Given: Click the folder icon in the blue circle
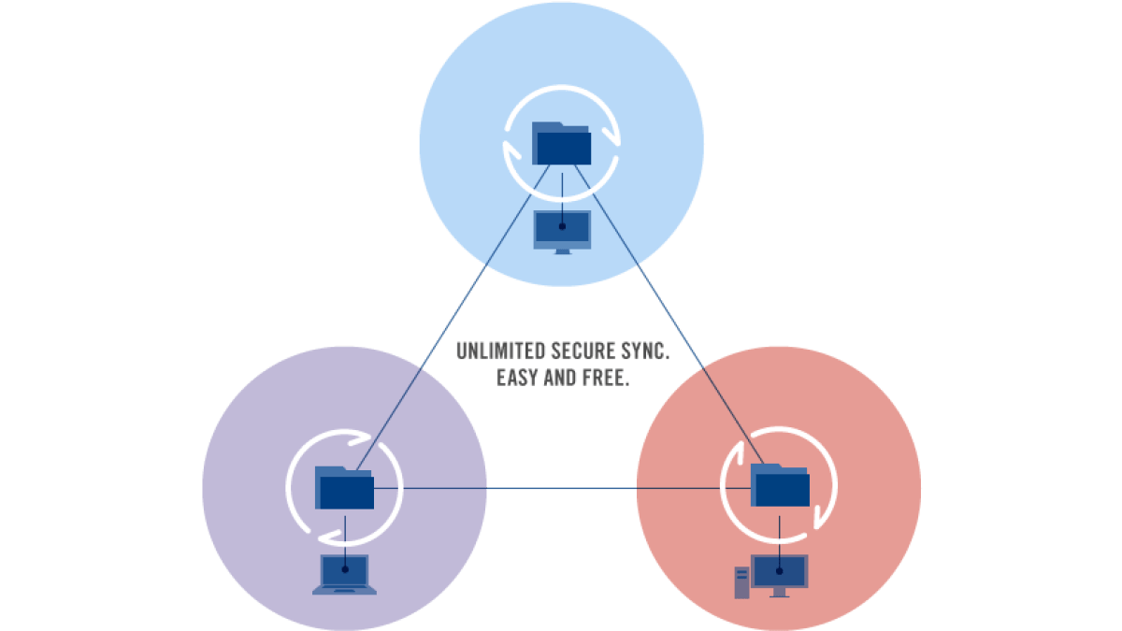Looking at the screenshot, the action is point(561,143).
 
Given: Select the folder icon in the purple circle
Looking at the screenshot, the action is point(344,488).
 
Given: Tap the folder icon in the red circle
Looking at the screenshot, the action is point(780,485).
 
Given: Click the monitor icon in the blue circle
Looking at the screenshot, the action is point(562,233).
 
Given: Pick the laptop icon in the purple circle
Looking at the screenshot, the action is point(345,574).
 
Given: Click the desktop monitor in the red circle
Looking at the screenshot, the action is point(780,576).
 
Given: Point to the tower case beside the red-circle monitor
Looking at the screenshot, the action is point(741,582).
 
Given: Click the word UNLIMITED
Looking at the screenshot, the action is point(500,351).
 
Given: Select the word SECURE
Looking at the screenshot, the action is point(583,351).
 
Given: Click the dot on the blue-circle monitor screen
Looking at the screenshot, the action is point(562,226).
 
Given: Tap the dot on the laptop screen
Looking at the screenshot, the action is point(345,569).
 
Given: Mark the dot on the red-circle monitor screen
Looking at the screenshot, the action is point(780,571).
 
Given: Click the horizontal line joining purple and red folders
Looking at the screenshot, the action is point(562,488).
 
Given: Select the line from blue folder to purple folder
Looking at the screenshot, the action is point(453,318).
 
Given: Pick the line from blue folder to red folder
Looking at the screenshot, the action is point(669,314).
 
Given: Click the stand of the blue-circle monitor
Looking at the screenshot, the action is point(563,251).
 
